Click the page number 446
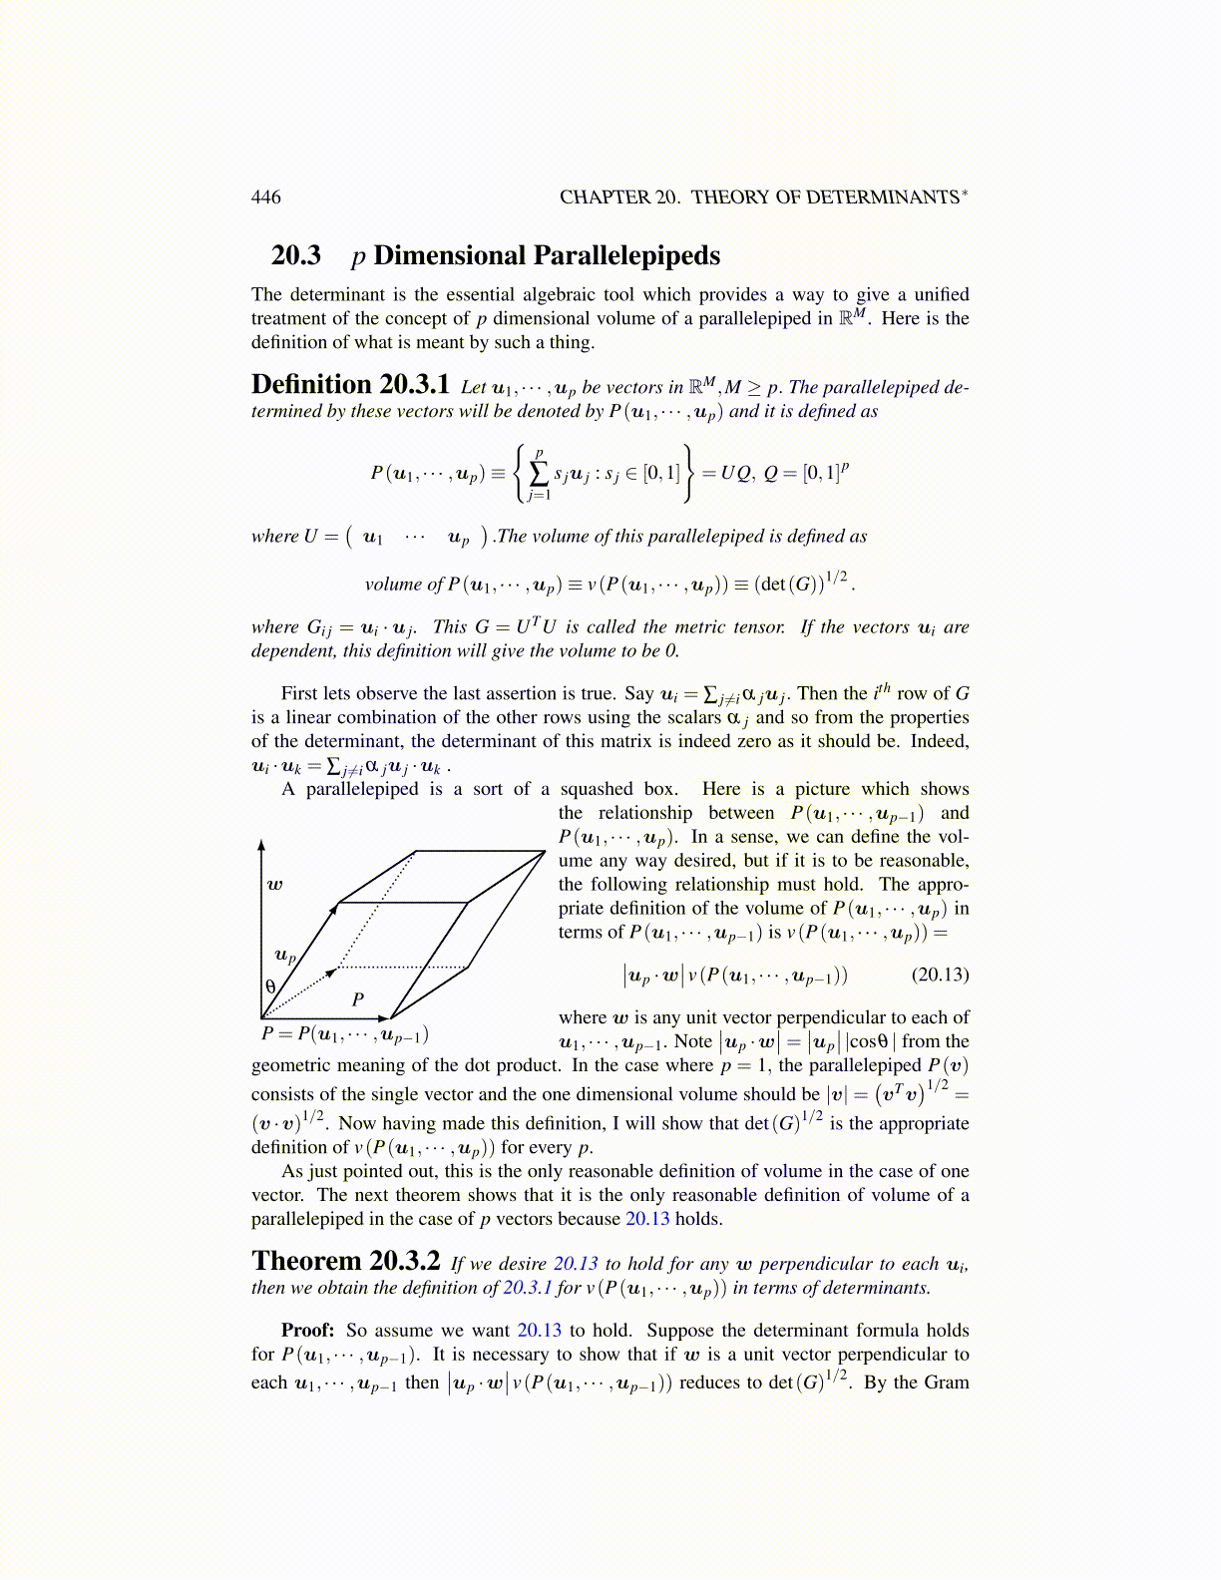[265, 197]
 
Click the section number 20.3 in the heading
[296, 255]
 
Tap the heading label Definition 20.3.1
[350, 385]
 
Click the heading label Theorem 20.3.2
[345, 1262]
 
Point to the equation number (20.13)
[940, 975]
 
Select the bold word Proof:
[307, 1330]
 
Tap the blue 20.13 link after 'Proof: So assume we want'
[539, 1330]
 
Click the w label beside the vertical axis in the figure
[274, 884]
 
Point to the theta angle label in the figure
[270, 987]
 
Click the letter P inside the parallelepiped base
[357, 998]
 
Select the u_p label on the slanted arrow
[285, 956]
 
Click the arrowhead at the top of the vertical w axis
[261, 844]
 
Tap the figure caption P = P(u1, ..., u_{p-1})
[344, 1034]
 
